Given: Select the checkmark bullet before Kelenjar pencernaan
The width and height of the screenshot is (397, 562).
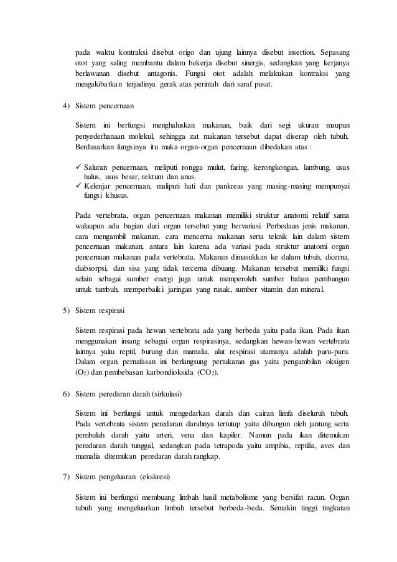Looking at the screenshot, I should pyautogui.click(x=78, y=185).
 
